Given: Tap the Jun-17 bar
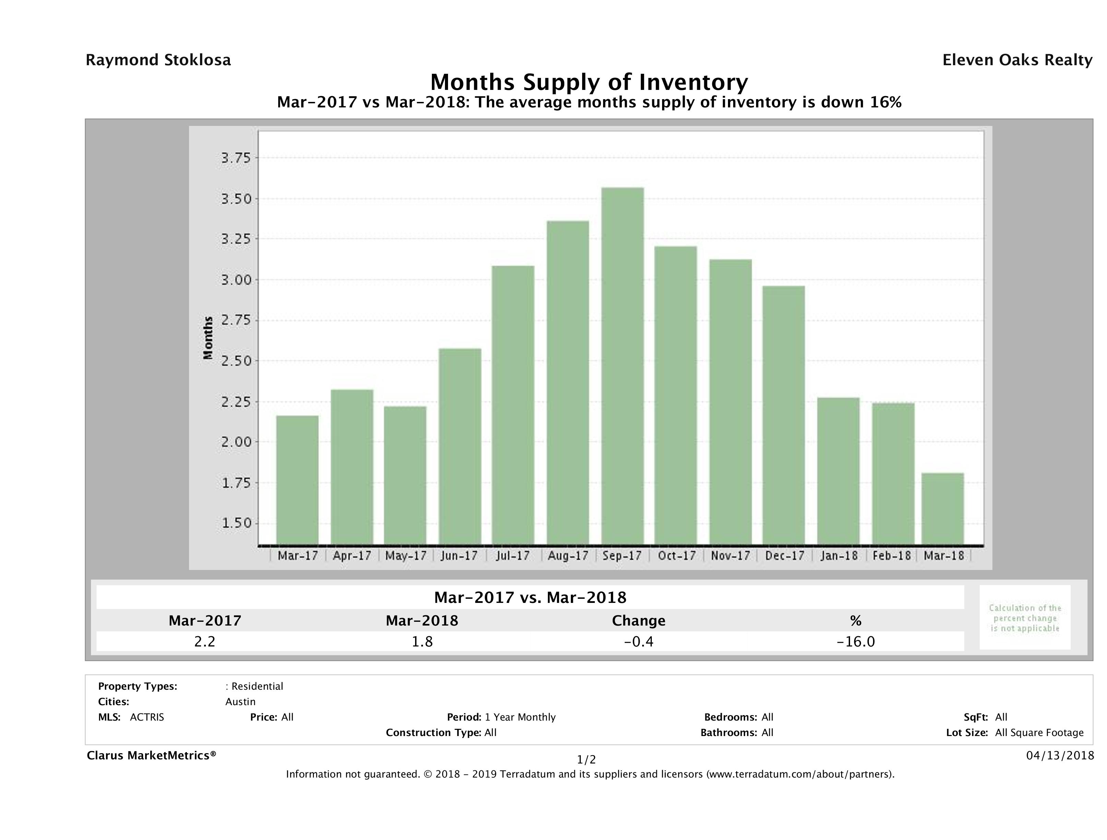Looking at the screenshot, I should click(460, 446).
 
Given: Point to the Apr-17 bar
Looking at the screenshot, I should click(352, 467).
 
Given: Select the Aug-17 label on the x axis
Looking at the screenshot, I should click(568, 556).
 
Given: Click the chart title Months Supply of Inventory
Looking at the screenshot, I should click(589, 82).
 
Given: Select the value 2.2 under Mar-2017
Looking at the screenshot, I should click(205, 641).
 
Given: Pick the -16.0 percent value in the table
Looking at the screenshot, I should click(856, 641).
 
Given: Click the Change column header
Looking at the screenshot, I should click(639, 621).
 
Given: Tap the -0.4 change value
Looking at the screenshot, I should click(639, 641).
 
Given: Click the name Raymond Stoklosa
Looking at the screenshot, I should click(158, 60).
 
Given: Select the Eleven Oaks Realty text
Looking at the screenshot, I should click(1017, 60).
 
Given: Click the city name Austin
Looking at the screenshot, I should click(240, 702).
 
